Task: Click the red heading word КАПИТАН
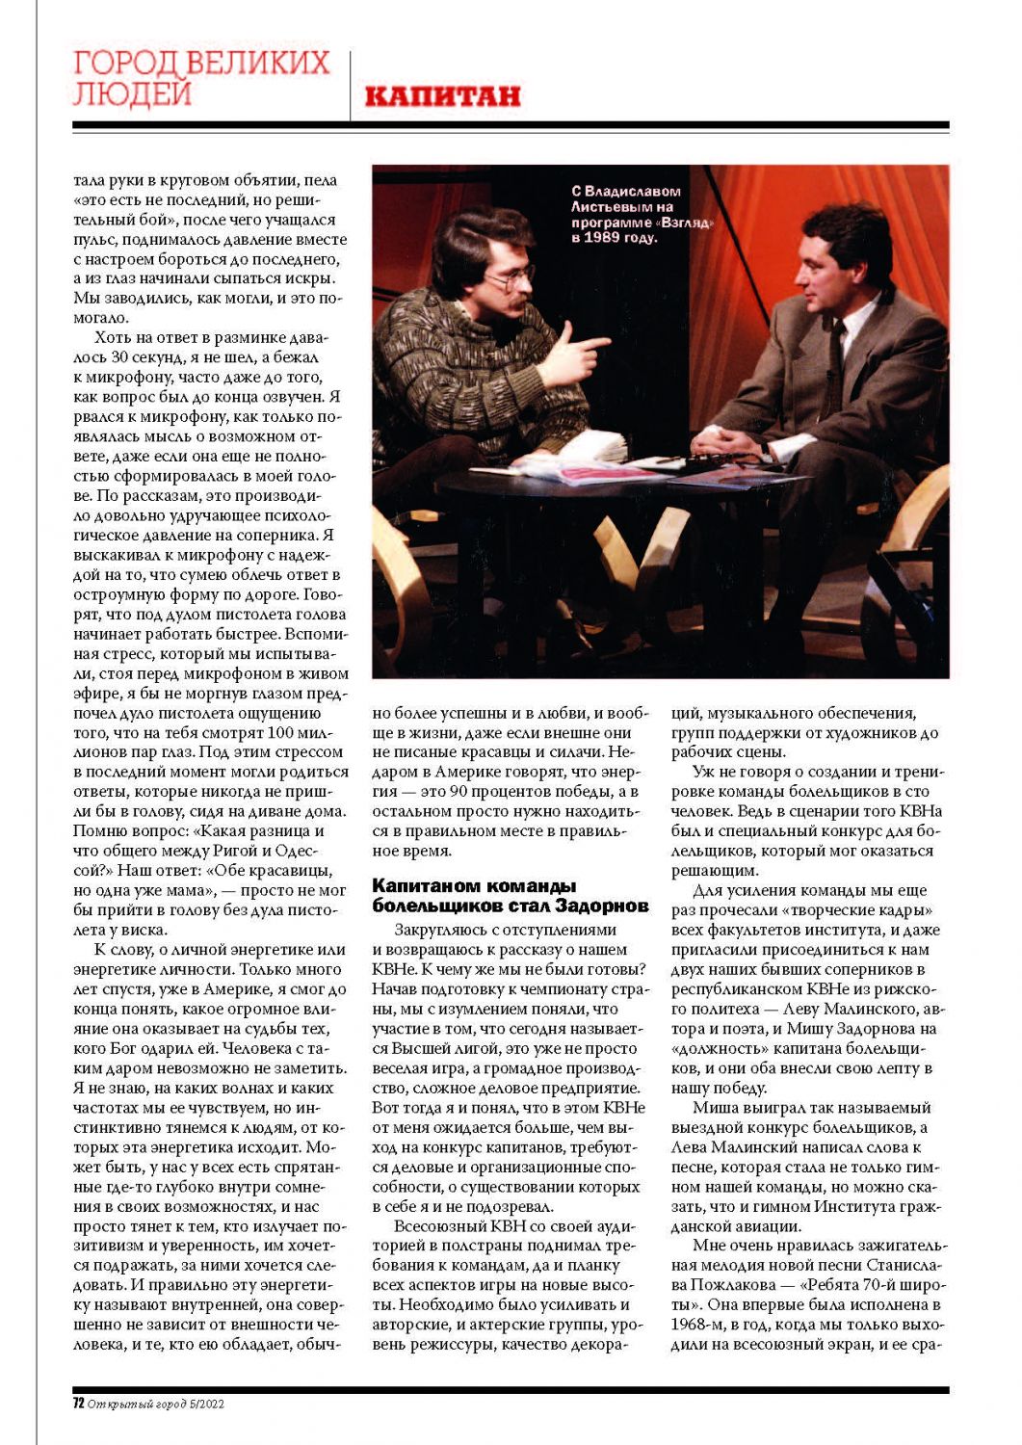tap(443, 95)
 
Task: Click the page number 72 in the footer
tap(78, 1404)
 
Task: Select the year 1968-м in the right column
tap(696, 1325)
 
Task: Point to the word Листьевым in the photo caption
tap(612, 207)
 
